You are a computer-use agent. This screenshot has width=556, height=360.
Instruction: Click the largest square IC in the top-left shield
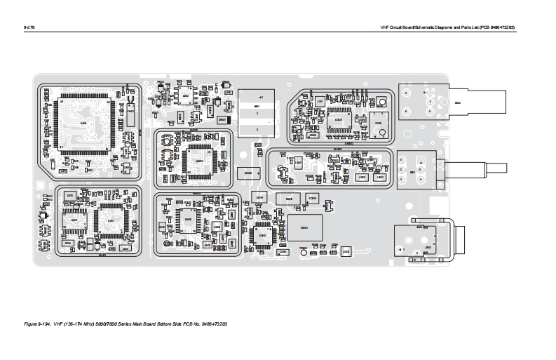click(83, 123)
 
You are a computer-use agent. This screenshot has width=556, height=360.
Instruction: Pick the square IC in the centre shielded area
click(199, 161)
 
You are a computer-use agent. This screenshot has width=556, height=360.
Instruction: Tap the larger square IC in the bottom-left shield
click(110, 222)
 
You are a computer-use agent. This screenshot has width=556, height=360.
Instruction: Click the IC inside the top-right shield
click(338, 119)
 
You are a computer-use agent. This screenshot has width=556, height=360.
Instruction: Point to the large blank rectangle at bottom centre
click(304, 227)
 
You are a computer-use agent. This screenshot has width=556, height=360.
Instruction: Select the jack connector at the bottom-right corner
click(421, 242)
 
